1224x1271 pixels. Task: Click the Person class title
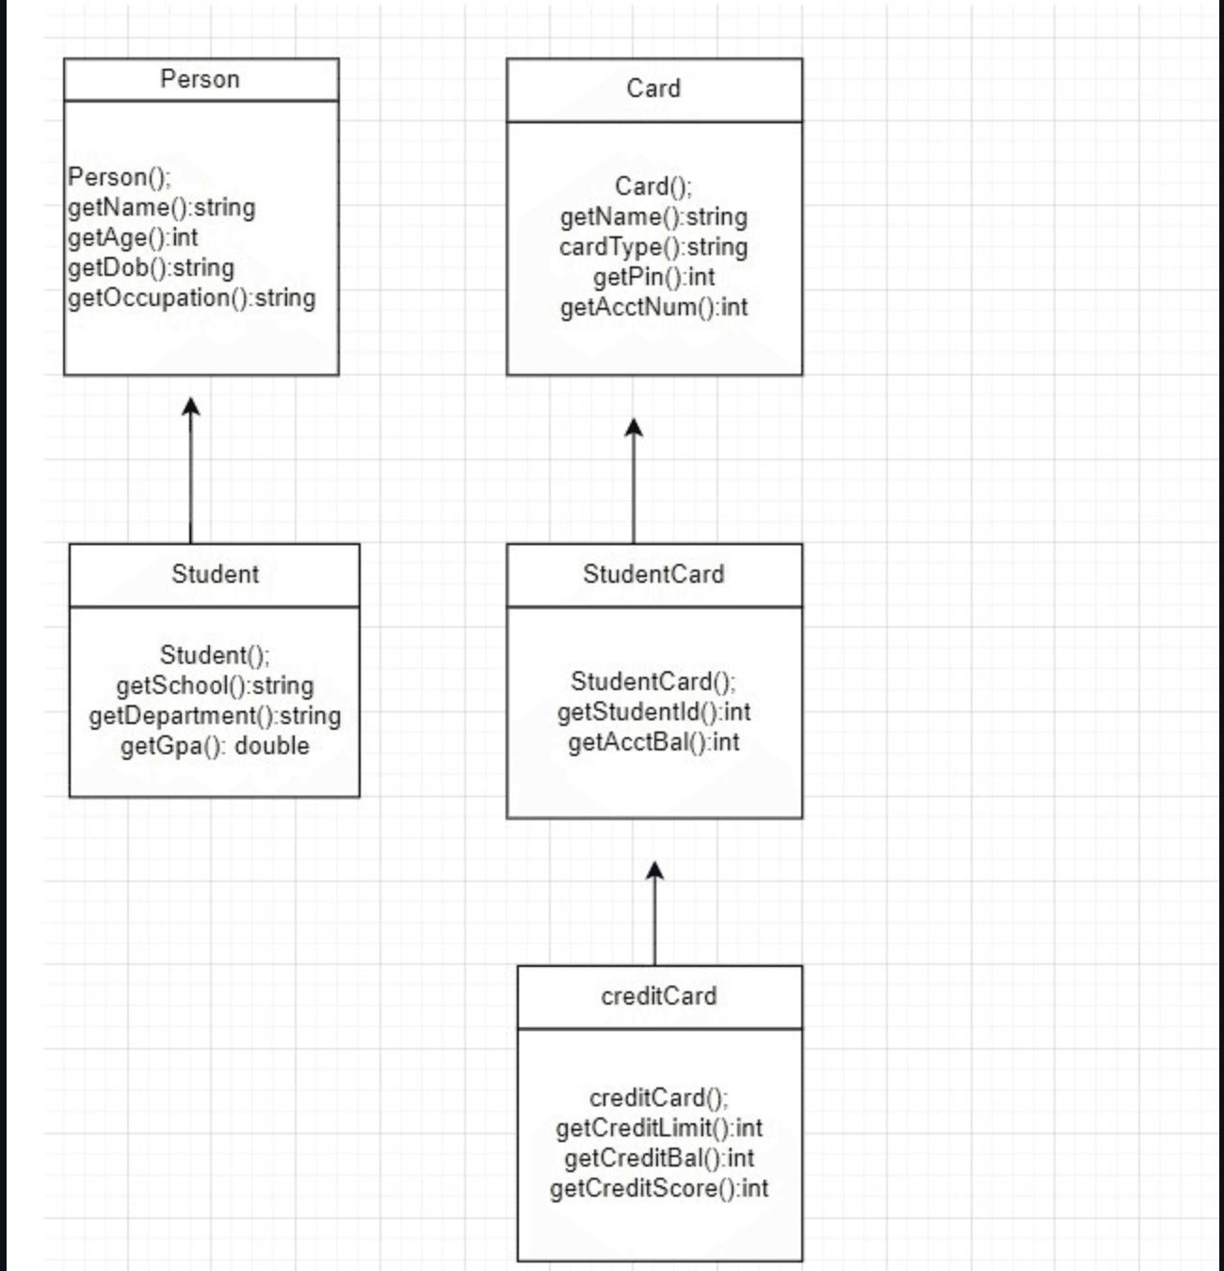click(200, 79)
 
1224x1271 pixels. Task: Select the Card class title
click(653, 88)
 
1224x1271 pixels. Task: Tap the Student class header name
click(215, 574)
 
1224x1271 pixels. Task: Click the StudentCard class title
click(653, 574)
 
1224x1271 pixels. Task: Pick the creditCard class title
click(659, 996)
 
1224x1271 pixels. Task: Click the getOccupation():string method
click(191, 298)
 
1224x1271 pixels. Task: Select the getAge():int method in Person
click(133, 237)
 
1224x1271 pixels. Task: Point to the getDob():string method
click(151, 268)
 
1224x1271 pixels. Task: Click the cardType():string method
click(653, 248)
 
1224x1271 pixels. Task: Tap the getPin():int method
click(653, 278)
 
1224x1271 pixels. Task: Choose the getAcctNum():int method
click(653, 308)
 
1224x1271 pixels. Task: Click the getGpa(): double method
click(215, 747)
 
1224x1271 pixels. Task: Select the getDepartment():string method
click(215, 716)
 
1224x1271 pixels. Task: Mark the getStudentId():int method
click(653, 713)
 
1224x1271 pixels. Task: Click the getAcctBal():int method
click(653, 743)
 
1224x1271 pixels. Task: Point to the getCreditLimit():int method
click(659, 1129)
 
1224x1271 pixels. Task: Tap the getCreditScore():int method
click(659, 1189)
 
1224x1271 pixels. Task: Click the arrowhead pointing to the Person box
click(191, 406)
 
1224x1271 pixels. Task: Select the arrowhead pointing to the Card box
click(634, 427)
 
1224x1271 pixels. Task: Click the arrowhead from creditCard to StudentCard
click(655, 871)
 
